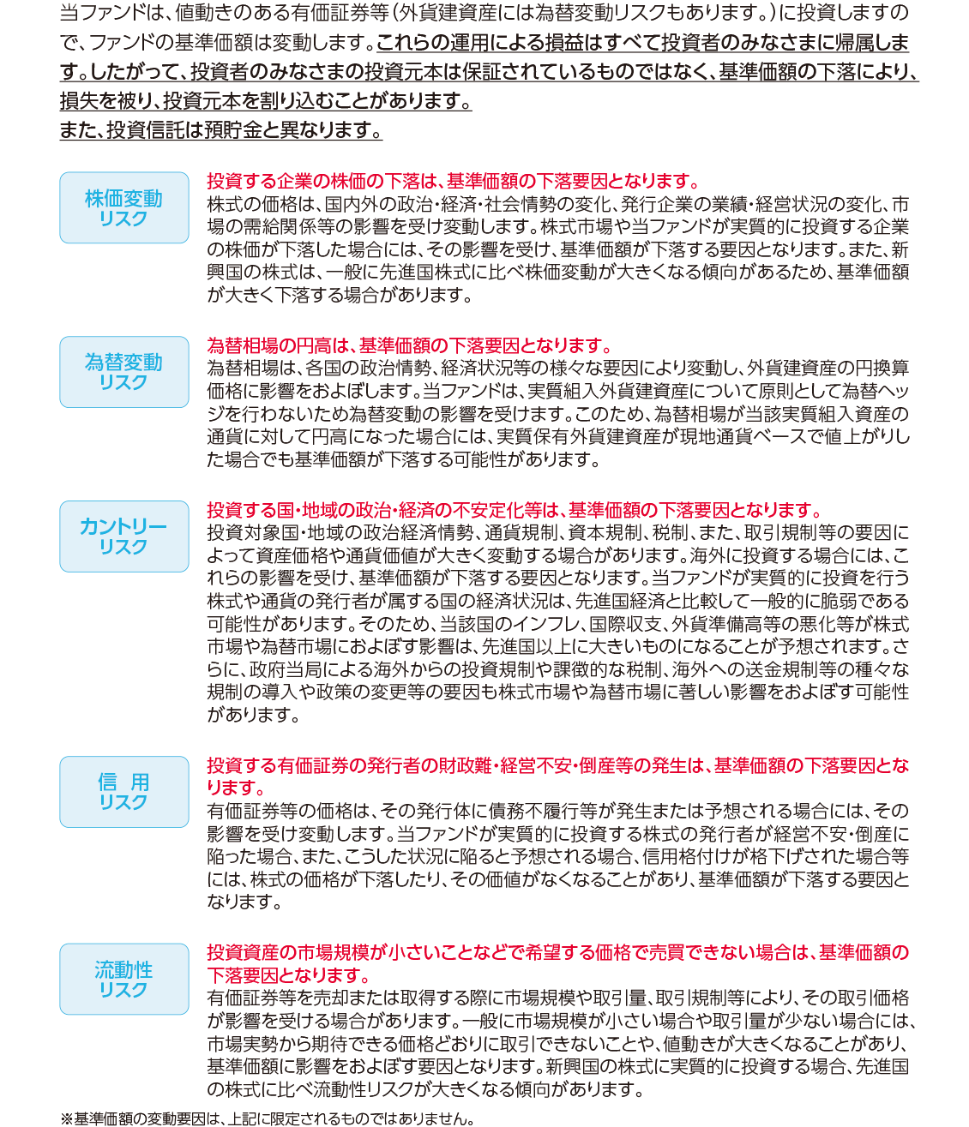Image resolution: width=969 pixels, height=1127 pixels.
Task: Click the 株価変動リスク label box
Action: click(x=123, y=207)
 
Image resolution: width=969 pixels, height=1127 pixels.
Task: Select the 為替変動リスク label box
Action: click(x=123, y=372)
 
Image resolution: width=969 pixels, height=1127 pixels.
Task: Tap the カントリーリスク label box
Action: click(x=123, y=536)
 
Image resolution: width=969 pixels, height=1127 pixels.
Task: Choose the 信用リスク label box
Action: click(x=123, y=791)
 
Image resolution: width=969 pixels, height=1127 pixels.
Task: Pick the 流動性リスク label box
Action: click(x=123, y=979)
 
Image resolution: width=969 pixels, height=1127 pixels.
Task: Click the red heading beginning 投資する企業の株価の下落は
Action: click(x=454, y=182)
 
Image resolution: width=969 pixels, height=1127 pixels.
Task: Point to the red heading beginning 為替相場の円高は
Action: click(x=410, y=346)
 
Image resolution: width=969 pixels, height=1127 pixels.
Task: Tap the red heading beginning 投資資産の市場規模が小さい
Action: click(x=557, y=953)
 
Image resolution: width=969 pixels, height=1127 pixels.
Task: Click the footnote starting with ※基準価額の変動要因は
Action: click(x=267, y=1118)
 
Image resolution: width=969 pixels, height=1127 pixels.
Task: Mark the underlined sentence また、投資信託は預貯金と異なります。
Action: click(x=221, y=130)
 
